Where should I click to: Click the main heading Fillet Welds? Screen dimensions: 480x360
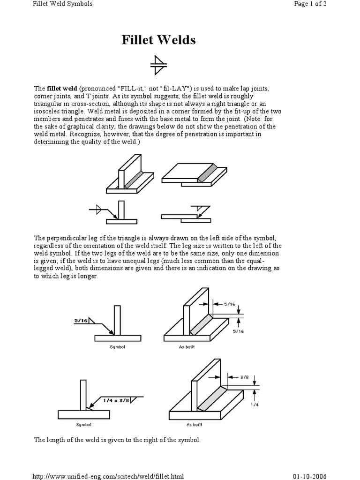[x=158, y=40]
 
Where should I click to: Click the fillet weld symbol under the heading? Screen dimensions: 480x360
[x=158, y=65]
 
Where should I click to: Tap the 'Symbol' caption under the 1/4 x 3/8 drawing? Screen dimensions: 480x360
[x=83, y=425]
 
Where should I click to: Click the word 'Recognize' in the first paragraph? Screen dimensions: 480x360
[x=73, y=134]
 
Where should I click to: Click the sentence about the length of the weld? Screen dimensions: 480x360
[x=117, y=440]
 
